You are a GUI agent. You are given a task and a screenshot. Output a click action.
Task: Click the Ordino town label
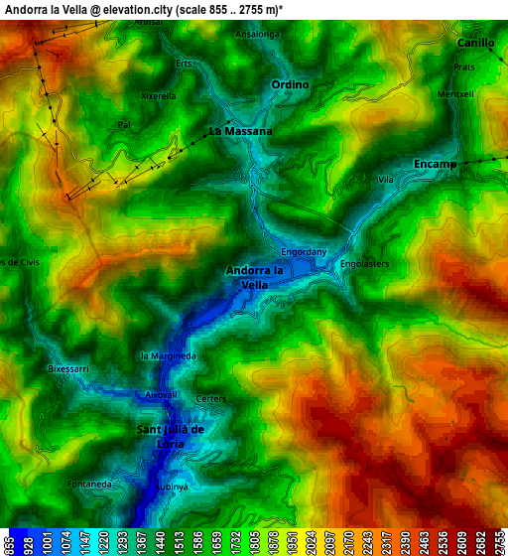(291, 85)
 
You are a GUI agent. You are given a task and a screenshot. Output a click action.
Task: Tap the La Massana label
(240, 131)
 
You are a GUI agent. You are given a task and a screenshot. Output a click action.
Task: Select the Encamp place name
(435, 164)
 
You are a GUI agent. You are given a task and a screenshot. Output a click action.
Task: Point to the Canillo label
(475, 44)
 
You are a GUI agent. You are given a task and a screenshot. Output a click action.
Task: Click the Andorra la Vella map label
(255, 277)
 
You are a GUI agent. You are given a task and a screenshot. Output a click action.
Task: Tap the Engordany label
(304, 252)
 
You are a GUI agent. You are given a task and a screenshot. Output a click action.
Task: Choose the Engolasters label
(364, 264)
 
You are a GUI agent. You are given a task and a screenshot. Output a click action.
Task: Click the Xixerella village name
(159, 96)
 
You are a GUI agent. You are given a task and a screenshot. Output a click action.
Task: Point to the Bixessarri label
(68, 368)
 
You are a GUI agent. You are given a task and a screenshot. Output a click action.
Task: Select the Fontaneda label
(89, 484)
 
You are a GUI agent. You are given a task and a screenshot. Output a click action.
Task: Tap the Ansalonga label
(258, 34)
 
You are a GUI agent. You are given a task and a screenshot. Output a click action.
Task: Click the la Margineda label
(169, 355)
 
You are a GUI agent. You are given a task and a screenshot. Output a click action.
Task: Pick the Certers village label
(211, 399)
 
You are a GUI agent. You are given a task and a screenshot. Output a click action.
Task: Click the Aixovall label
(161, 394)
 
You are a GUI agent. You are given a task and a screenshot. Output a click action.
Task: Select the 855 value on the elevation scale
(9, 544)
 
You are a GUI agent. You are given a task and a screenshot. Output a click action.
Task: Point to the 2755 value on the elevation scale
(499, 544)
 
